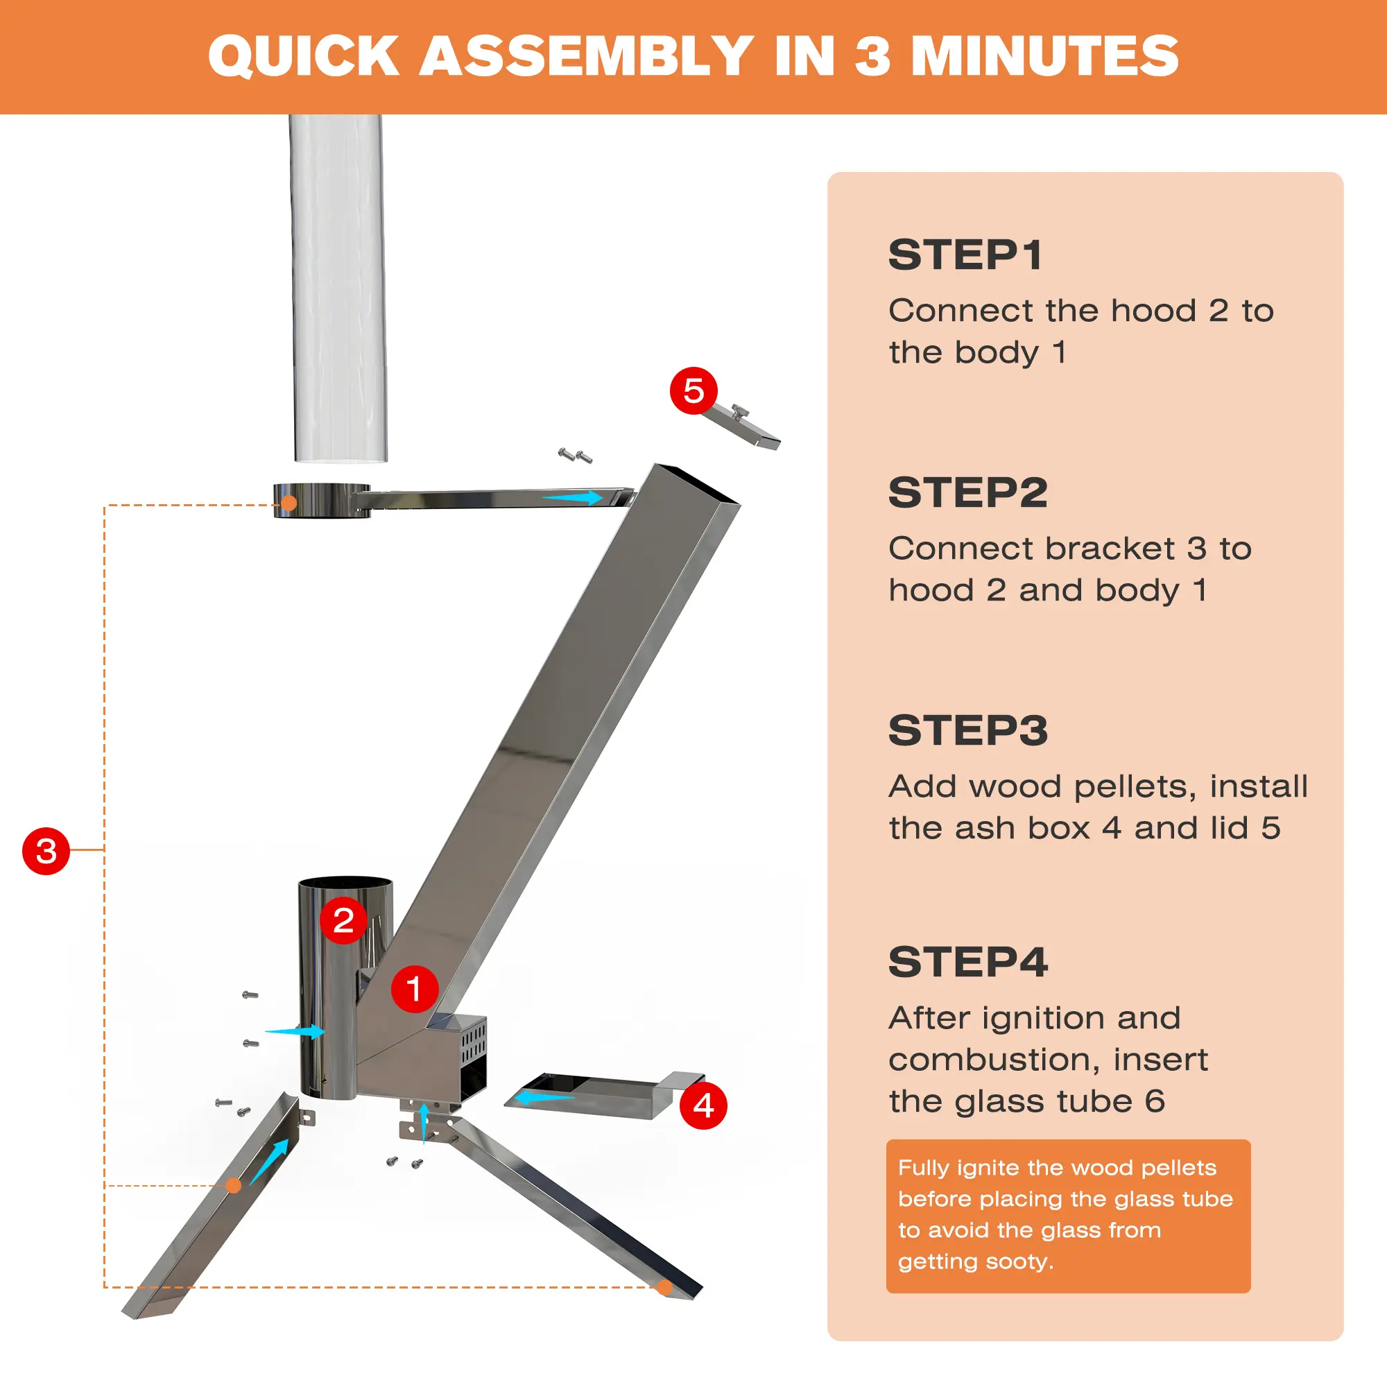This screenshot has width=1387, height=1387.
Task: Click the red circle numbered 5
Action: point(693,390)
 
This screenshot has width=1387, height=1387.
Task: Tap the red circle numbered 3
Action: point(46,851)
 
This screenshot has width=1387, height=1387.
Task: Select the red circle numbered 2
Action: point(343,920)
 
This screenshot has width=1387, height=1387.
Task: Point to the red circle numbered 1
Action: point(414,988)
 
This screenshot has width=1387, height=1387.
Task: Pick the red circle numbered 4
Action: point(703,1105)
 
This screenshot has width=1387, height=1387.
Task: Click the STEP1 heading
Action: point(965,255)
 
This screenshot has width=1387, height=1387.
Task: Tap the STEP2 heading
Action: point(967,492)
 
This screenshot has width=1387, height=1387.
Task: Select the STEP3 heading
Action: point(967,730)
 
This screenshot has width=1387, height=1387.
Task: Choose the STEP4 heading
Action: point(967,962)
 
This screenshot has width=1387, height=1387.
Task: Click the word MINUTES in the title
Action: point(1044,55)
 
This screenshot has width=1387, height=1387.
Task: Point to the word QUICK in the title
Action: point(303,56)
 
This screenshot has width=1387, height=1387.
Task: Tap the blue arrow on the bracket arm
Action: point(572,497)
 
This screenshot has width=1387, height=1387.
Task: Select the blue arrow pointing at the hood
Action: point(295,1032)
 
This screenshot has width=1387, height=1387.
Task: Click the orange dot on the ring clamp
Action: point(288,503)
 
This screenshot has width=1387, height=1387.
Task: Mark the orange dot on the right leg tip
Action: point(665,1287)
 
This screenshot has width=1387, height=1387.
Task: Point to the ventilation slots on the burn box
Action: point(474,1043)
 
